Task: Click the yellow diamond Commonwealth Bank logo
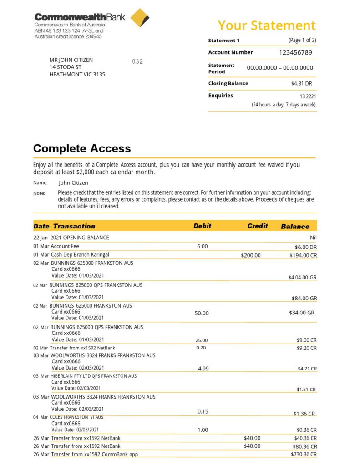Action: coord(140,18)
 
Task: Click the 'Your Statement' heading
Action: coord(266,25)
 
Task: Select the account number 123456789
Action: coord(295,52)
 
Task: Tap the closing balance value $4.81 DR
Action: coord(301,84)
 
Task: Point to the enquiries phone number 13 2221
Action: coord(308,96)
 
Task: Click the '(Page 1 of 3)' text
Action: coord(302,40)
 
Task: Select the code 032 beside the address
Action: coord(137,61)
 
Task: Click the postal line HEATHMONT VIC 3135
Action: coord(77,74)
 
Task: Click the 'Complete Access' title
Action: coord(82,148)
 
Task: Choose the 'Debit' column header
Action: coord(203,226)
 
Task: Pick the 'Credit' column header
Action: coord(258,226)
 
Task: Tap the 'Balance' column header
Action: coord(295,227)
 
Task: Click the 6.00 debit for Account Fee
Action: coord(202,246)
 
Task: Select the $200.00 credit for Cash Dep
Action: coord(251,255)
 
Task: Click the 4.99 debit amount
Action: coord(203,369)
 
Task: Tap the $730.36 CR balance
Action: coord(304,455)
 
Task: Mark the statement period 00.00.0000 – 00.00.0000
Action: coord(280,68)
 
